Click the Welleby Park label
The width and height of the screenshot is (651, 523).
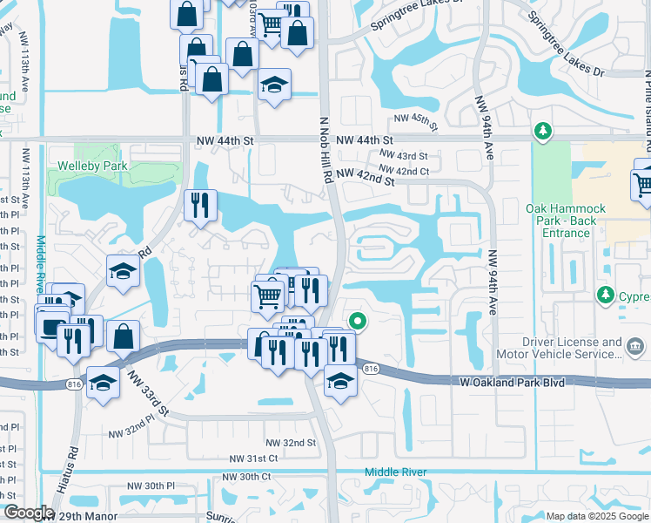92,166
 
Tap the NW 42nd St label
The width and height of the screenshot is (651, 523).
366,176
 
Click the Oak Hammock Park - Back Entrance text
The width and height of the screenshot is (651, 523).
558,221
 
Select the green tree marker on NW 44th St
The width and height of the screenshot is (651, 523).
544,131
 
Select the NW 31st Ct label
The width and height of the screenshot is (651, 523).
253,458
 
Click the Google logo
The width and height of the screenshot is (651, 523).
28,513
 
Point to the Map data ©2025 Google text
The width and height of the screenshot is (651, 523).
596,516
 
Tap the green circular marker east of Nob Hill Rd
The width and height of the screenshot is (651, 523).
355,322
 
